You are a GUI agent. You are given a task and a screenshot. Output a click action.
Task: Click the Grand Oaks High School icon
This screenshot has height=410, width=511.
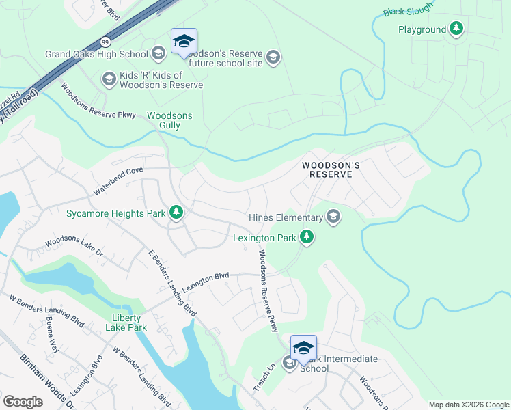(158, 54)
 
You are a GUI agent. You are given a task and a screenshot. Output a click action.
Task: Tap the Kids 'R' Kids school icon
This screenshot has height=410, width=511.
(108, 80)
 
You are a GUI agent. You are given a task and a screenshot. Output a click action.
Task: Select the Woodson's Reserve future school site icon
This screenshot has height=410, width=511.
(273, 57)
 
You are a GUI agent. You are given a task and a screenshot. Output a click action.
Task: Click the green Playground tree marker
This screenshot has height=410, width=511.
(456, 29)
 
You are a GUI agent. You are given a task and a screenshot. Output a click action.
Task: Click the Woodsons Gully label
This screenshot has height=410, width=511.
(169, 121)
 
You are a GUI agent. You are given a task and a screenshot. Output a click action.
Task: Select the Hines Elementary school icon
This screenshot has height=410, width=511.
(333, 217)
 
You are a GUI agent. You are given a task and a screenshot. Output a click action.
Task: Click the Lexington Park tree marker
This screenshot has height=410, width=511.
(307, 238)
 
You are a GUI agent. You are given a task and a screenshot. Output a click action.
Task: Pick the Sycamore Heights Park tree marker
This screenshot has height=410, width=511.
(176, 213)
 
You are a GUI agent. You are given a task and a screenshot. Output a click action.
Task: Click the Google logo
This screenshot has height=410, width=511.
(23, 401)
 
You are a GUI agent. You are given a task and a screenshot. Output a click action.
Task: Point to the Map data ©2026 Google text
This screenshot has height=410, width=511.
(468, 405)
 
